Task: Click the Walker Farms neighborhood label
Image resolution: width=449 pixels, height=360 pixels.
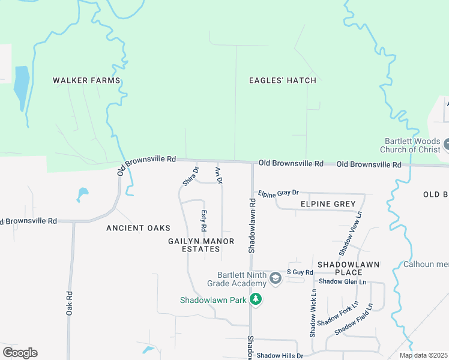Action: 86,80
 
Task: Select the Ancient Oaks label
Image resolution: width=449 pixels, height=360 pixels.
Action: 138,228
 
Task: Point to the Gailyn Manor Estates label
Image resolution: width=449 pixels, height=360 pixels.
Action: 201,245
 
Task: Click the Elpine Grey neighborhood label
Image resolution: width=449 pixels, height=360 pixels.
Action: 328,204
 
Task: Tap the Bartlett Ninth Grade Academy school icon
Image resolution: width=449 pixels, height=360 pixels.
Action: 275,278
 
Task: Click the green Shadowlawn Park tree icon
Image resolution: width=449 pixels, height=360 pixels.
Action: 256,299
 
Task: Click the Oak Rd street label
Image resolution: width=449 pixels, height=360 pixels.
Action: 70,304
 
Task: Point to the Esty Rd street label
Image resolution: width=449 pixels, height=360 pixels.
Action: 203,221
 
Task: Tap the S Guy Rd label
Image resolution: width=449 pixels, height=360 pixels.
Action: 300,272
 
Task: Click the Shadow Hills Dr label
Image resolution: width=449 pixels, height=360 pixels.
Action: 280,356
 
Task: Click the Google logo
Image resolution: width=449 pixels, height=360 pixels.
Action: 20,353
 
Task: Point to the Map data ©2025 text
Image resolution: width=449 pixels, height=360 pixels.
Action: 423,355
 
